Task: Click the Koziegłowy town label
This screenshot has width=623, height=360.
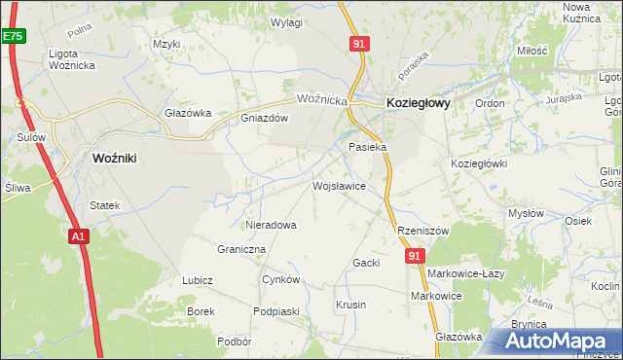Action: tap(419, 101)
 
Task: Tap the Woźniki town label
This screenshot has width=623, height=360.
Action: tap(120, 157)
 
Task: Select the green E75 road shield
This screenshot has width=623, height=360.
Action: tap(13, 36)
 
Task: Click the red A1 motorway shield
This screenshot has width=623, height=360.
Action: tap(80, 235)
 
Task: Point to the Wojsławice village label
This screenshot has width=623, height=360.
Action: tap(339, 185)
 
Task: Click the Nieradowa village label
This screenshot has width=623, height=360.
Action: tap(271, 225)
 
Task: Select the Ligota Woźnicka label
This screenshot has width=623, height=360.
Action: tap(75, 58)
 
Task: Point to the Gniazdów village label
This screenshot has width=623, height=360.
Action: tap(265, 119)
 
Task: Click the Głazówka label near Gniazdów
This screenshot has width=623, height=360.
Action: tap(188, 113)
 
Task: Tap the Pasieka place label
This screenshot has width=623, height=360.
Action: tap(368, 147)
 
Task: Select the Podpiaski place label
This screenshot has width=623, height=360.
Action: tap(275, 311)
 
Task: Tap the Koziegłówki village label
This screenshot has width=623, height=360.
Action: tap(479, 163)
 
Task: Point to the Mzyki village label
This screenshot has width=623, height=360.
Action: tap(167, 44)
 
